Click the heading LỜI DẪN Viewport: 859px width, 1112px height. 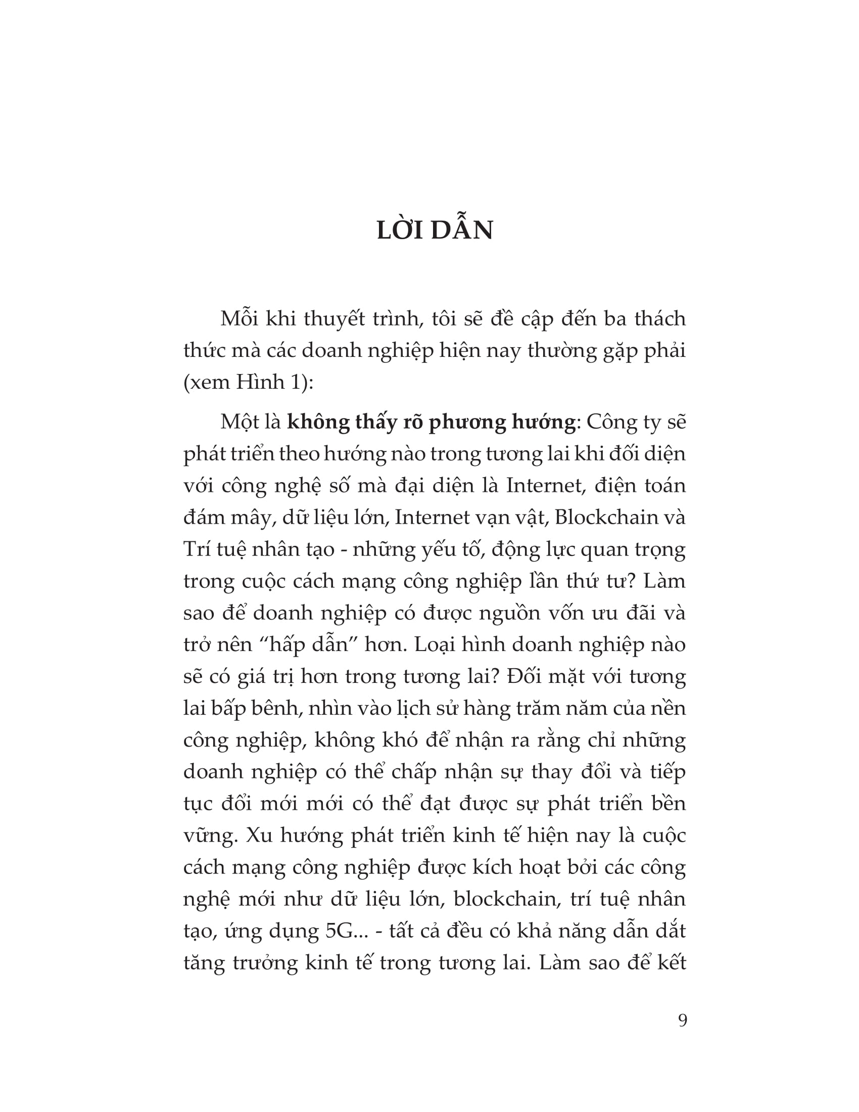[x=435, y=230]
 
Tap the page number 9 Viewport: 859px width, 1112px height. [x=683, y=1021]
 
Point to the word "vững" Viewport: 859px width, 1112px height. [x=209, y=836]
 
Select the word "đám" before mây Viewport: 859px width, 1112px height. [x=204, y=517]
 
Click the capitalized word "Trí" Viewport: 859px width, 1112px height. [x=196, y=549]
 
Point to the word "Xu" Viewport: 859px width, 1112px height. [x=259, y=836]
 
